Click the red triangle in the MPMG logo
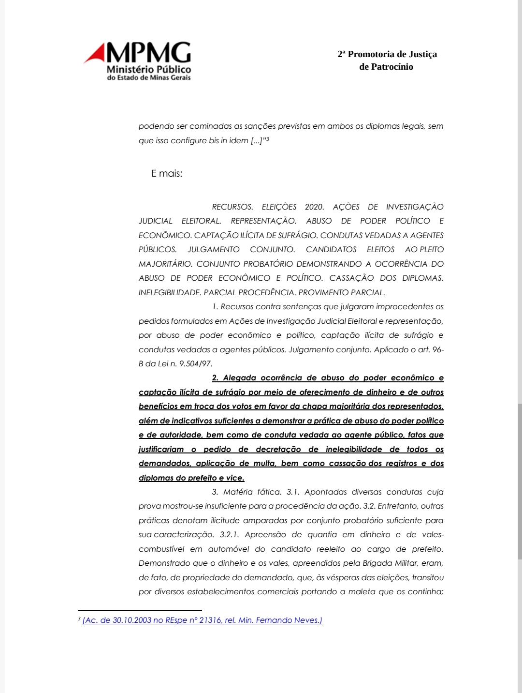point(96,54)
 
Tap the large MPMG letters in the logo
point(148,52)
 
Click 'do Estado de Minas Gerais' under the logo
point(149,77)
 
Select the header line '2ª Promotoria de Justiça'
point(387,54)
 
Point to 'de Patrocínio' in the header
point(386,67)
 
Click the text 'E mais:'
point(167,173)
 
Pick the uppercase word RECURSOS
point(232,207)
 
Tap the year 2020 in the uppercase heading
point(314,207)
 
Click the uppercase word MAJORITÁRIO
point(165,264)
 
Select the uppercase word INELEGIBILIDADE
point(169,292)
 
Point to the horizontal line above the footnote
point(140,611)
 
